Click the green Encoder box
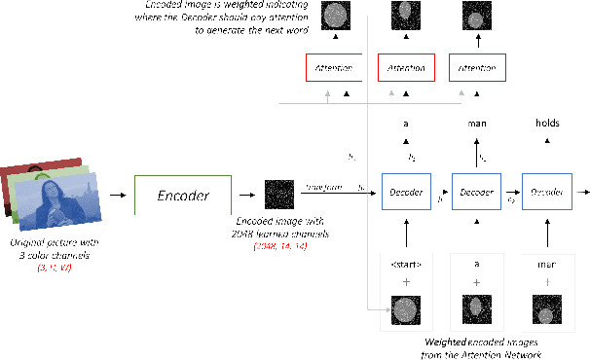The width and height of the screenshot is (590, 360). point(184,196)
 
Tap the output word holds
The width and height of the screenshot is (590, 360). point(548,124)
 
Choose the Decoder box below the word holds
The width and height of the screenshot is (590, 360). point(547,193)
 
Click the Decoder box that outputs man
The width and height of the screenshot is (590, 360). point(477,193)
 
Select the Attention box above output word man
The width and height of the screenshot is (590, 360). point(477,70)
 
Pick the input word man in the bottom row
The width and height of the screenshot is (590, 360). point(547,264)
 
